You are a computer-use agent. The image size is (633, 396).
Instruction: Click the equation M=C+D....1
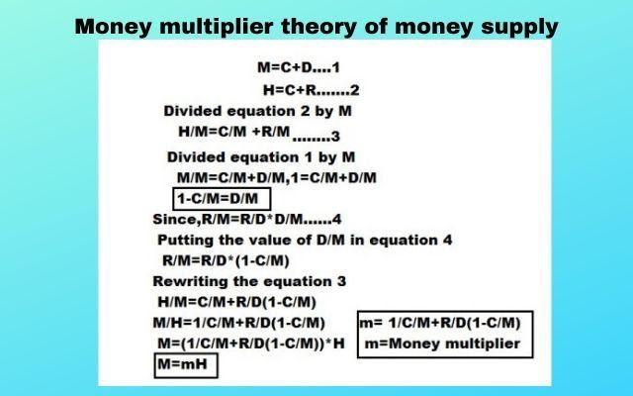tap(298, 68)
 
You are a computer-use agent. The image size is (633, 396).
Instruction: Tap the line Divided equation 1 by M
tap(259, 156)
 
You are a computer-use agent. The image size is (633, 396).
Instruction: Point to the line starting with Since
tap(246, 219)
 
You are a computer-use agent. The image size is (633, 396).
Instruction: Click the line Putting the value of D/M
tap(305, 240)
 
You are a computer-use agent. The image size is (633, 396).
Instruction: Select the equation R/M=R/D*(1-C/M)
tap(226, 260)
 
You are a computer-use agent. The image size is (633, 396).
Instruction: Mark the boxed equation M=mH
tap(185, 366)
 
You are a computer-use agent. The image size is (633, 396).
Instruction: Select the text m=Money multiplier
tap(442, 344)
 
